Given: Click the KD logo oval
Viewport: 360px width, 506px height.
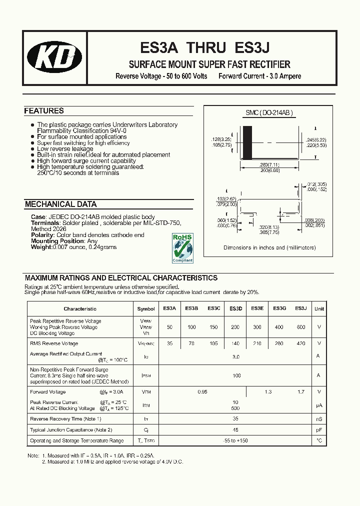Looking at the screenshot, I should [54, 58].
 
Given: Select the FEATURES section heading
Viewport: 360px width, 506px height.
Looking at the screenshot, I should [44, 111].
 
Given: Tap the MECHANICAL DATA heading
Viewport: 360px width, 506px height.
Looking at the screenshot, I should [60, 204].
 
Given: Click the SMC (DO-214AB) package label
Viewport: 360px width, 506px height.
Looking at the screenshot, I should [268, 113].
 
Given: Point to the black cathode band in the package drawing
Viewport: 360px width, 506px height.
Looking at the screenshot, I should [247, 142].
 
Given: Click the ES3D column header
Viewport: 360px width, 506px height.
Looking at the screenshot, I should [236, 309].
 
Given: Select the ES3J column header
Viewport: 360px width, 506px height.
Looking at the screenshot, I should [300, 308].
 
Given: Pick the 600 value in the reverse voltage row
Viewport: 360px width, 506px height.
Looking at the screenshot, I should [300, 326].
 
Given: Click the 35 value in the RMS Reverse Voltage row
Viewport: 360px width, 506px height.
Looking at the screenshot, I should [169, 343].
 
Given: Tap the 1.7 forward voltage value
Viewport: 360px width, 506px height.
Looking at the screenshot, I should [300, 392].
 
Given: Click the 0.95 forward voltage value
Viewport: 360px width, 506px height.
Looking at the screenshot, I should [202, 392].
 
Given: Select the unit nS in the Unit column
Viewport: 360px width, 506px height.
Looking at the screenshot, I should [319, 419].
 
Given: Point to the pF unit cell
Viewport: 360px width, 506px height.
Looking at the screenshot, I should [319, 429].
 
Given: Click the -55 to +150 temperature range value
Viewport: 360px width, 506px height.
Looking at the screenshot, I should [236, 440].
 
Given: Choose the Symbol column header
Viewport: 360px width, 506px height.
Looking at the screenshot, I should [146, 309].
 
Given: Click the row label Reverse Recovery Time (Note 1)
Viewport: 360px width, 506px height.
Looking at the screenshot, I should [65, 419].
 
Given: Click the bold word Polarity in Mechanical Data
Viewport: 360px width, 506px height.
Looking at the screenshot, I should [42, 235].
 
